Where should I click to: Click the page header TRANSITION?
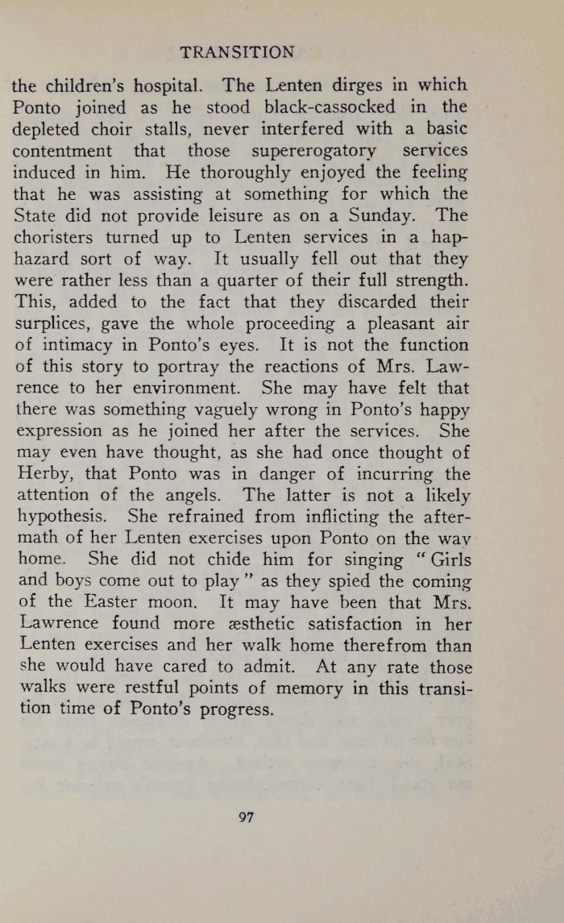point(237,52)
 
